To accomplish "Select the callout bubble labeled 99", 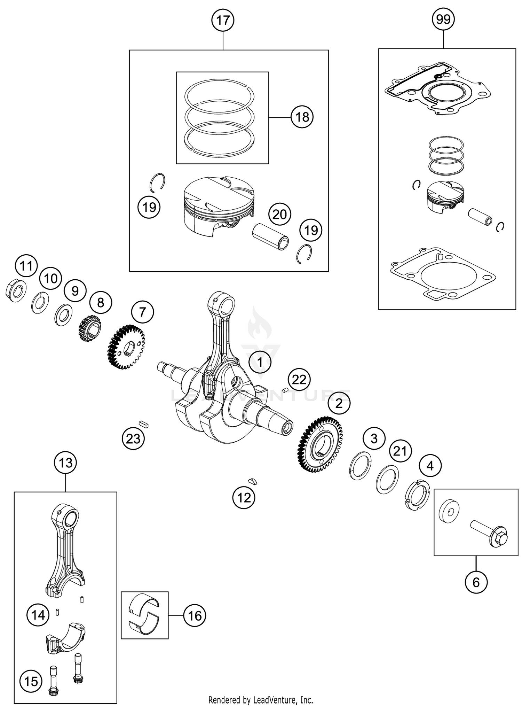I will (443, 19).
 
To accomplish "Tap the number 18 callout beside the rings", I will (302, 117).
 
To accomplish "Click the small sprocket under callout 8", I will (89, 328).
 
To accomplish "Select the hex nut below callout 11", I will (16, 290).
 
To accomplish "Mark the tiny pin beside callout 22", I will (285, 390).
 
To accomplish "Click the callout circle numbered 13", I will (65, 463).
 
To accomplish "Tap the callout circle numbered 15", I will (31, 681).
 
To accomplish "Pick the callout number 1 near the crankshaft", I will (260, 362).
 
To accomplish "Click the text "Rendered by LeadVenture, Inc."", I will (261, 699).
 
